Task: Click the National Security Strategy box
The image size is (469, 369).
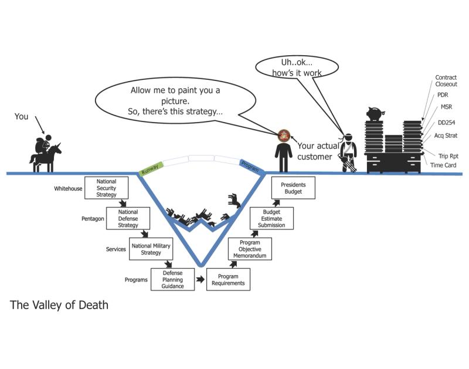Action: click(x=107, y=188)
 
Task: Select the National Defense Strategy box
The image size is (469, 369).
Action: click(x=128, y=218)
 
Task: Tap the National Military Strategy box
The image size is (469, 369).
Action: click(x=151, y=249)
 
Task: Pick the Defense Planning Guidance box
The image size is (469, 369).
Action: click(x=172, y=279)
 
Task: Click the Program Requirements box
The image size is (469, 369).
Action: click(x=228, y=279)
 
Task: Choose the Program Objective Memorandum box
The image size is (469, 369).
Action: click(x=250, y=249)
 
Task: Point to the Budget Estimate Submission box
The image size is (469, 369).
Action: click(x=271, y=218)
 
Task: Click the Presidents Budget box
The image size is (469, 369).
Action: click(x=293, y=188)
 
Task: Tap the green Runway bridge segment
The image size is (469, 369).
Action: click(x=151, y=168)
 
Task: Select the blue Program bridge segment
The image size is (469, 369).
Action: click(x=252, y=167)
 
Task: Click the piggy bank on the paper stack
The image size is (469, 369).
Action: click(x=375, y=114)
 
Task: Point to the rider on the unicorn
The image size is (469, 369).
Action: click(x=42, y=145)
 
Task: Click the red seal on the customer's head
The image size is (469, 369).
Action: click(x=284, y=136)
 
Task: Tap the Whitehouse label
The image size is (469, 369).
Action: click(x=68, y=188)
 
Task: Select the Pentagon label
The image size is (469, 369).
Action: click(x=93, y=219)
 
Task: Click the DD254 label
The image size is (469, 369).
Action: click(x=446, y=123)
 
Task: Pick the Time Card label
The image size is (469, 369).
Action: click(x=443, y=165)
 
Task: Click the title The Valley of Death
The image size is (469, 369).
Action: click(x=59, y=305)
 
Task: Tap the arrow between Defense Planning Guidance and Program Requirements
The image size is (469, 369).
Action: click(x=200, y=279)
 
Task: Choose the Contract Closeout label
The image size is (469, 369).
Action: click(x=446, y=81)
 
